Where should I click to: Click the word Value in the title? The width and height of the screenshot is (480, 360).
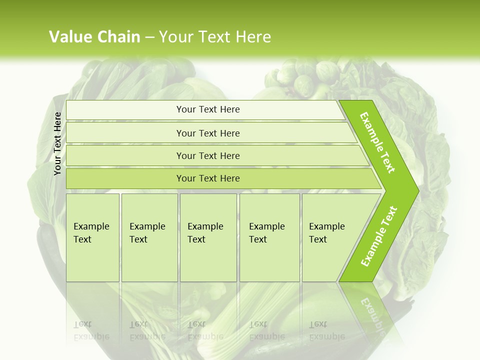[x=70, y=37]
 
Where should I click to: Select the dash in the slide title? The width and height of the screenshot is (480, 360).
[x=149, y=37]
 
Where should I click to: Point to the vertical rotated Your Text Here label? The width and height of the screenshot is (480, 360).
[x=57, y=143]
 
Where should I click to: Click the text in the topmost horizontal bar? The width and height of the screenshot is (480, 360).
[x=208, y=109]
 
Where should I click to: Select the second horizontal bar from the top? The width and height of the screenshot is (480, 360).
[x=208, y=133]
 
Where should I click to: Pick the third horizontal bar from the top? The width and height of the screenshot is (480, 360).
[x=208, y=156]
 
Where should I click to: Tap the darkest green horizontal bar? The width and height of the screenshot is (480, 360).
[x=208, y=178]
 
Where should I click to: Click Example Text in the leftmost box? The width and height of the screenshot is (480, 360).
[x=91, y=233]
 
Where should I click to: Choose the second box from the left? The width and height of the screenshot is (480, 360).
[x=149, y=237]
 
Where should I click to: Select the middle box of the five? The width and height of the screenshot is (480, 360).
[x=208, y=237]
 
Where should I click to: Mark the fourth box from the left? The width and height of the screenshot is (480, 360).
[x=269, y=237]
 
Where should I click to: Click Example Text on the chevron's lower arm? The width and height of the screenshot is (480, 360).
[x=378, y=236]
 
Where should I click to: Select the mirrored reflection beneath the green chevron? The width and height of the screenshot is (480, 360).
[x=370, y=310]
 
